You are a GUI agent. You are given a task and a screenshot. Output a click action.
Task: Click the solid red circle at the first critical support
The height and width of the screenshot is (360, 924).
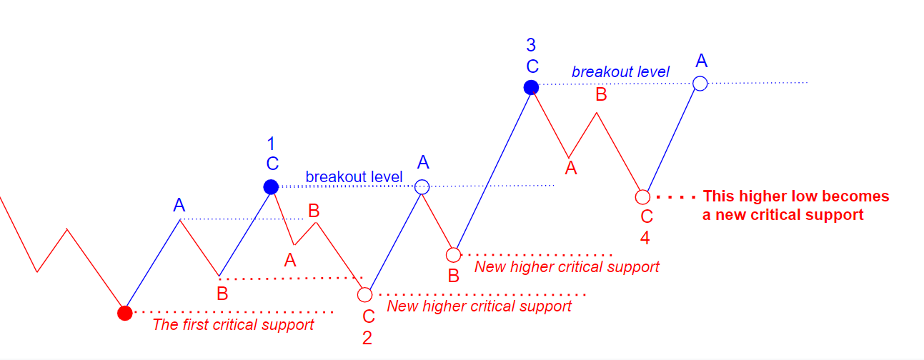(124, 313)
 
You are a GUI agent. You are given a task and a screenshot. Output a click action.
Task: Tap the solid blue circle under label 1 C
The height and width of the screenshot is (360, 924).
(271, 187)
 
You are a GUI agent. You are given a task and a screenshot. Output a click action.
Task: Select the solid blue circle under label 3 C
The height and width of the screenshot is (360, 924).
(531, 87)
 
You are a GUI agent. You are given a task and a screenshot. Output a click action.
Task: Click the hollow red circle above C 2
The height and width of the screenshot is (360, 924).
(364, 295)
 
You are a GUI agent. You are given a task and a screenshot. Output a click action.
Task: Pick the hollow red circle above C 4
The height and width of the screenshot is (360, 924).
(642, 197)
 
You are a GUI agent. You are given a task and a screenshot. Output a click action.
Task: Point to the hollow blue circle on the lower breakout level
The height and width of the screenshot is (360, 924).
(422, 187)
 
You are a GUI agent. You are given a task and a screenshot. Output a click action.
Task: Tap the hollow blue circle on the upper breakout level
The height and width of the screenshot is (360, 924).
(700, 84)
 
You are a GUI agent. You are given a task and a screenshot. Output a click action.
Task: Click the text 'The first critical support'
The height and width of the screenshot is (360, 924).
(233, 325)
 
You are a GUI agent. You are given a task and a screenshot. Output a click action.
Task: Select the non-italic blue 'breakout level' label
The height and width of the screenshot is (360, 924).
(354, 177)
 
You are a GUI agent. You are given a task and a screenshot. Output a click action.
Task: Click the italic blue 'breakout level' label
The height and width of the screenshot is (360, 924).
(620, 71)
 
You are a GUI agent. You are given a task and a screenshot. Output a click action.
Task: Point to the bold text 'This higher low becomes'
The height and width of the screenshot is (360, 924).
(796, 196)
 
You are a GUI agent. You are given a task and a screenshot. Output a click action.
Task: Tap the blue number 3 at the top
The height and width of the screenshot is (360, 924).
(531, 45)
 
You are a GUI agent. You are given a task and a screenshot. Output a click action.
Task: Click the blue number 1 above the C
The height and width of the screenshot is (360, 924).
(271, 144)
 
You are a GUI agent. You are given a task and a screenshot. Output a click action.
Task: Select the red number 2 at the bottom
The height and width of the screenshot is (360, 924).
(367, 338)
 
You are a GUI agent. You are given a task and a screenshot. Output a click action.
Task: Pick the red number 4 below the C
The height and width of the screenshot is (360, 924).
(645, 238)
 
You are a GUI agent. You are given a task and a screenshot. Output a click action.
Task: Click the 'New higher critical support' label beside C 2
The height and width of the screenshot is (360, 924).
(480, 306)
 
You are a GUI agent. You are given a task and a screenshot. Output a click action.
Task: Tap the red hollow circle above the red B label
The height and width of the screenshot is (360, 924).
(453, 255)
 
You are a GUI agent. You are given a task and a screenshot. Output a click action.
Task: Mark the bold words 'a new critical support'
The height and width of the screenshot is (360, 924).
(783, 215)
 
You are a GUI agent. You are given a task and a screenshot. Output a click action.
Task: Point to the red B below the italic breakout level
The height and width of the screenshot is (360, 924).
(602, 95)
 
